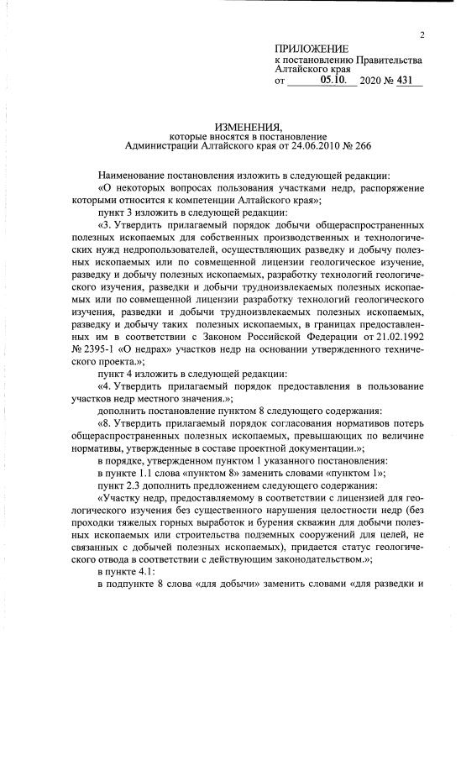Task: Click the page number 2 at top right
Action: tap(422, 34)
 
